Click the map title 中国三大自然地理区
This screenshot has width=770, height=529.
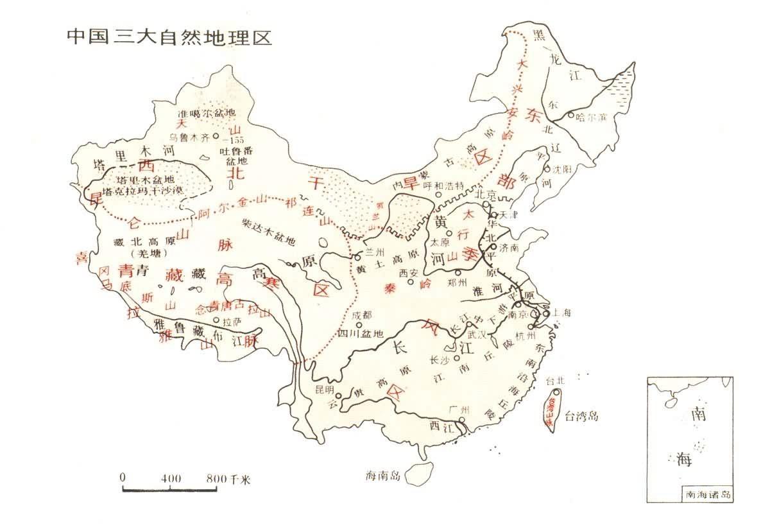coord(169,37)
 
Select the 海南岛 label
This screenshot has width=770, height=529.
coord(382,476)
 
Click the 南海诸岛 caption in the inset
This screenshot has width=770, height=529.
coord(708,495)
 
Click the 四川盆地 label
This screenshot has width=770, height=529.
coord(361,334)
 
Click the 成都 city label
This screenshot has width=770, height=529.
coord(363,316)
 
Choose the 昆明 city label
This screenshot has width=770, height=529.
coord(325,390)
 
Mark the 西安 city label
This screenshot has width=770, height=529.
coord(408,273)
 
